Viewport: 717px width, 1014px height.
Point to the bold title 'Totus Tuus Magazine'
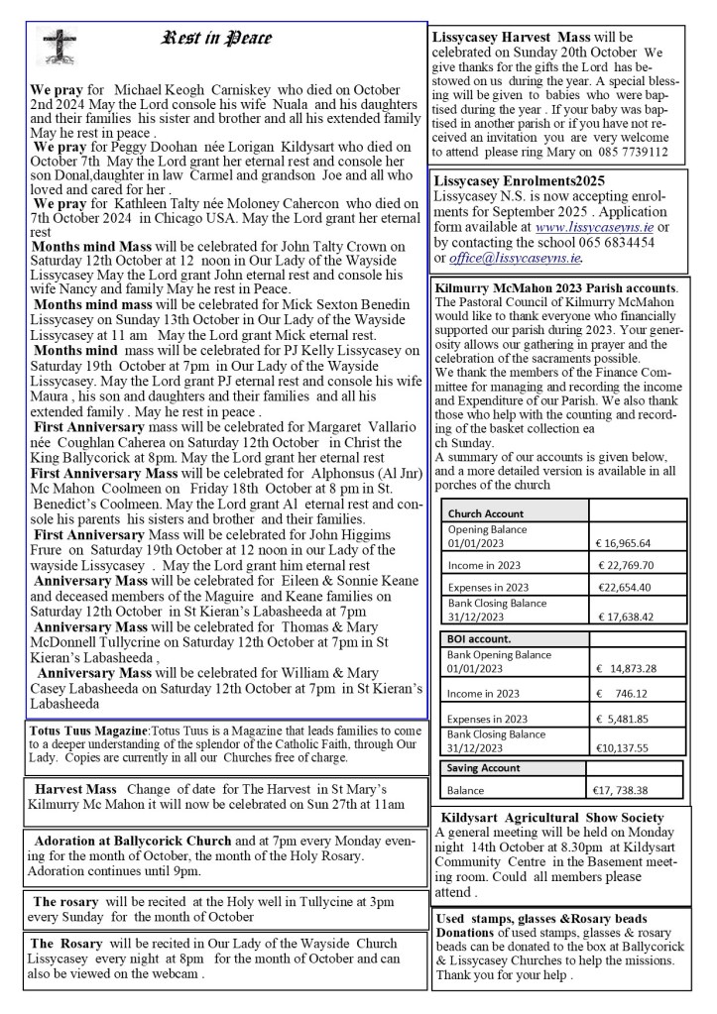[x=87, y=731]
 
